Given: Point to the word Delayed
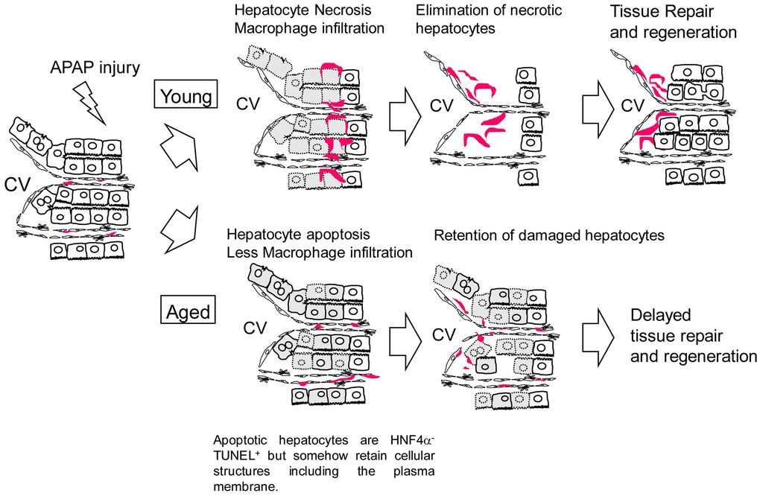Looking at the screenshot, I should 660,314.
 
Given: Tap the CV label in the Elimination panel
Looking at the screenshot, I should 443,103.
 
